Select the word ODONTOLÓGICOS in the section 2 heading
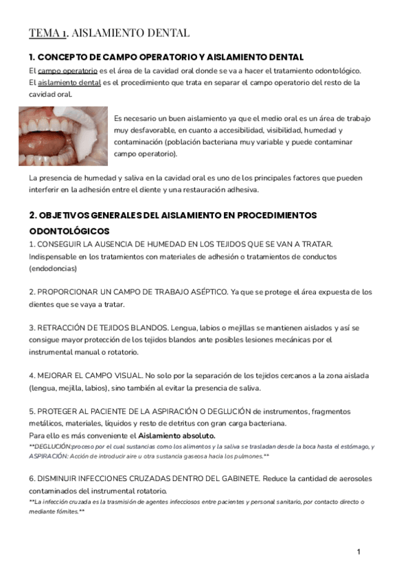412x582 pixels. coord(69,231)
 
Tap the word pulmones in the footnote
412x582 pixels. coord(249,456)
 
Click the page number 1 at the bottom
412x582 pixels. coord(358,552)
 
